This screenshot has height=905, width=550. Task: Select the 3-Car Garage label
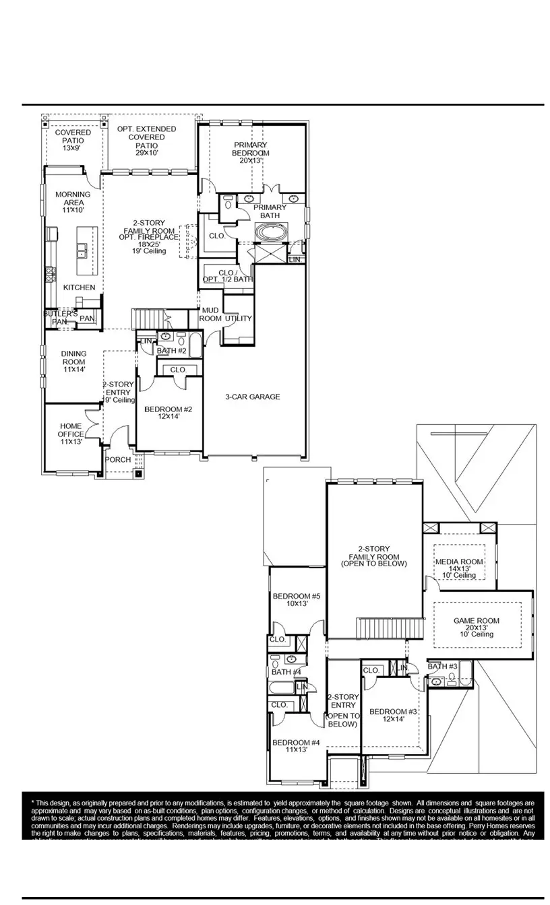pyautogui.click(x=252, y=397)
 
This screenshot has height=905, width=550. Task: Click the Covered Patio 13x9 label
pyautogui.click(x=73, y=140)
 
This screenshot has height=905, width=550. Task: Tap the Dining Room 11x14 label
pyautogui.click(x=73, y=361)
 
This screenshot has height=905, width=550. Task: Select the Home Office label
pyautogui.click(x=71, y=434)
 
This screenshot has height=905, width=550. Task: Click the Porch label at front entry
pyautogui.click(x=119, y=460)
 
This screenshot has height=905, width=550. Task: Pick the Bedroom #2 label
pyautogui.click(x=169, y=413)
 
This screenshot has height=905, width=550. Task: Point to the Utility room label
pyautogui.click(x=238, y=319)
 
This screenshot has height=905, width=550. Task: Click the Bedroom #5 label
pyautogui.click(x=296, y=600)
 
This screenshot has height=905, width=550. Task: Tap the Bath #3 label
pyautogui.click(x=443, y=667)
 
